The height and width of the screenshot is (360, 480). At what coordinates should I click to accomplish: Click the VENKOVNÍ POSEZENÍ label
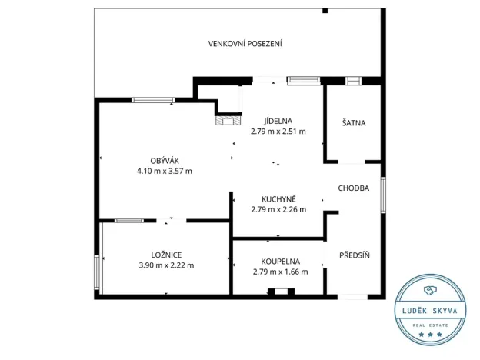245,43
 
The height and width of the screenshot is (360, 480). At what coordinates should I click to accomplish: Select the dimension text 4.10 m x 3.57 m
164,171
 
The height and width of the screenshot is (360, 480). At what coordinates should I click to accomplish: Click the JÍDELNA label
278,120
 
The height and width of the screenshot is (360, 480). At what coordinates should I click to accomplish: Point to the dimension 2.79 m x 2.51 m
278,132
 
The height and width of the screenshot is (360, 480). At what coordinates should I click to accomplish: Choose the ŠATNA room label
353,122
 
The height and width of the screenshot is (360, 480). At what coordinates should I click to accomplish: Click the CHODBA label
354,188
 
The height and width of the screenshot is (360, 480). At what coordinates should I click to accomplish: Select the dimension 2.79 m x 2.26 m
278,208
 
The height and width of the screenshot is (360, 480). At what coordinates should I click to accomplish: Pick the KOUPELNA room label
280,261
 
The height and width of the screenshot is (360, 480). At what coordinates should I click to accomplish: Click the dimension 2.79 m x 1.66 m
280,272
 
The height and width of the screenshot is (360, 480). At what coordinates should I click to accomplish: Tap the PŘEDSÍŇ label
354,255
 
